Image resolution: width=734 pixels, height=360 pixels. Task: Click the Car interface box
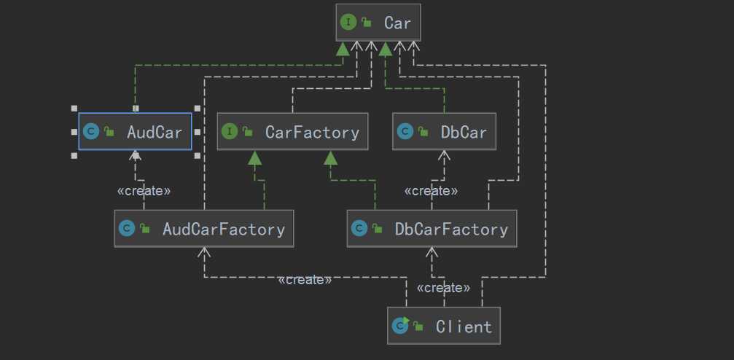[x=378, y=23]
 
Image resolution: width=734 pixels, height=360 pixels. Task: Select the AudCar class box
[x=135, y=132]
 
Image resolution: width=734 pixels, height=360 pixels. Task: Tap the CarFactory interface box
[x=292, y=132]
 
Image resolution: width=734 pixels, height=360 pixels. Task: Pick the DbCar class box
[x=444, y=132]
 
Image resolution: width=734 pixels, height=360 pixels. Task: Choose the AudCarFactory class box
[x=203, y=229]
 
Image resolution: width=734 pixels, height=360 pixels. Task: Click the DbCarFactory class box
[x=432, y=229]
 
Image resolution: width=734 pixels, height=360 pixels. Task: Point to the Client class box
[x=444, y=326]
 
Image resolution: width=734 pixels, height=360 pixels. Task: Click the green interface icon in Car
[x=348, y=23]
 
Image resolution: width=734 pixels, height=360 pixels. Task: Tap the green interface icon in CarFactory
[x=230, y=132]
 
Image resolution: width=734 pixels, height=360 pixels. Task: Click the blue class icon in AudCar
[x=91, y=132]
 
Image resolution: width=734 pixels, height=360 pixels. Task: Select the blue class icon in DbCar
[x=405, y=132]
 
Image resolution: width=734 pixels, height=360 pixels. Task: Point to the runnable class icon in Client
[x=399, y=326]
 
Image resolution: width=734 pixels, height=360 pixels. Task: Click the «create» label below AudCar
[x=144, y=191]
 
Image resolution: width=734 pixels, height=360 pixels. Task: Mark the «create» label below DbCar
[x=431, y=191]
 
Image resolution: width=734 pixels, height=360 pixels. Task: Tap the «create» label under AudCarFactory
[x=305, y=280]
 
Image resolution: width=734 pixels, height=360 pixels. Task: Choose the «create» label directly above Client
[x=443, y=288]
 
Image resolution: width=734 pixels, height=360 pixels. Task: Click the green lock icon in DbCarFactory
[x=378, y=229]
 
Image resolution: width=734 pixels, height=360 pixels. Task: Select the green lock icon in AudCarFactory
[x=145, y=229]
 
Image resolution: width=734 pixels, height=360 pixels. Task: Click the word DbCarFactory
[x=451, y=229]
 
